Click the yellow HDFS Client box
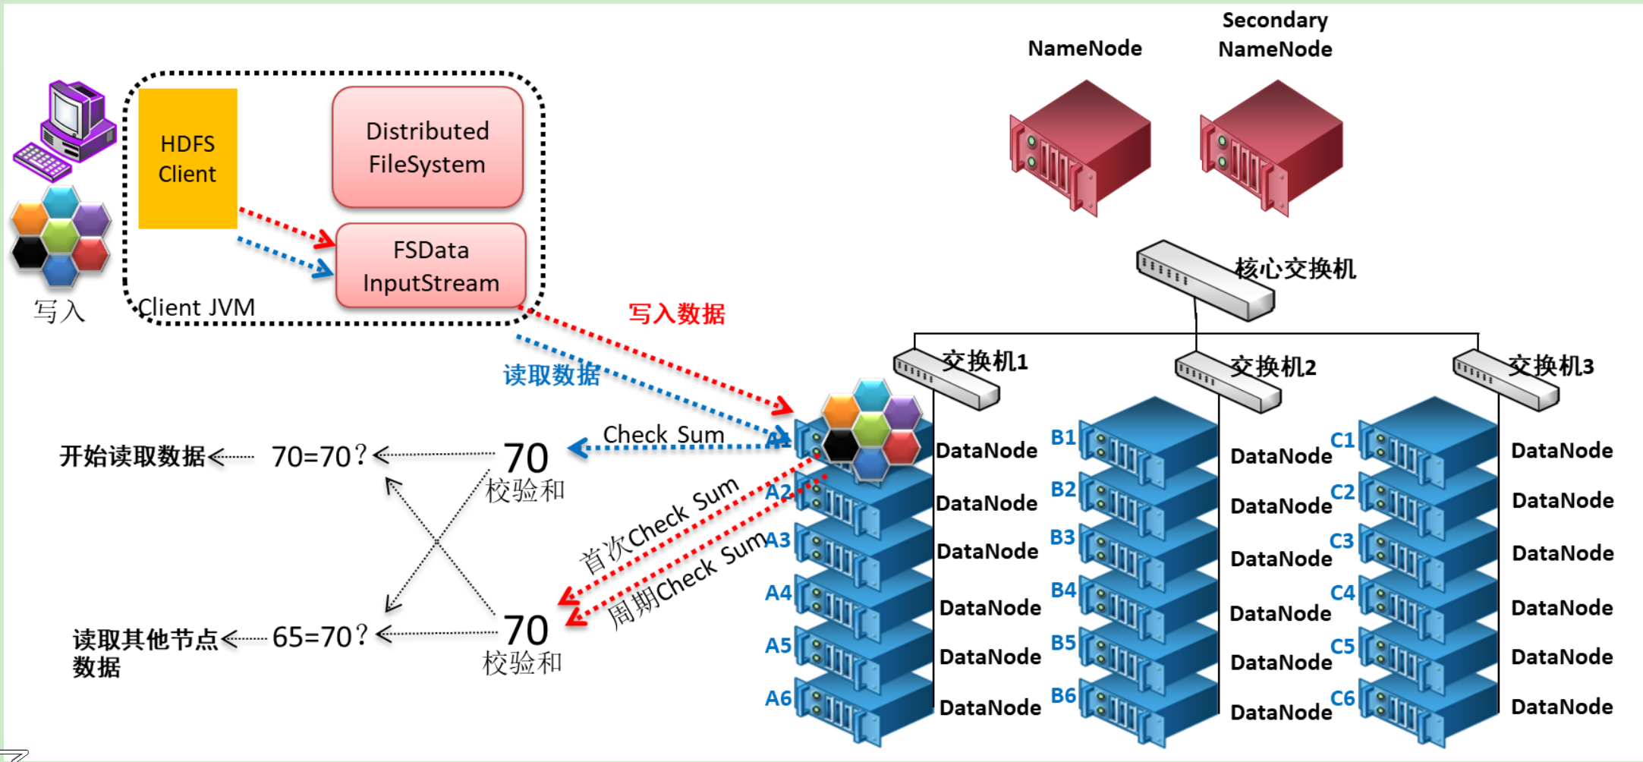click(187, 159)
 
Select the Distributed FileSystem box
click(427, 147)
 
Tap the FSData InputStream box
click(430, 266)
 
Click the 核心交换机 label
click(1295, 269)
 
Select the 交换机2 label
click(1273, 367)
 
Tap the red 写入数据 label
click(676, 313)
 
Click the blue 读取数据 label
click(551, 375)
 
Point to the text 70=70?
click(319, 456)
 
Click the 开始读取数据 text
click(132, 456)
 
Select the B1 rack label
click(1062, 437)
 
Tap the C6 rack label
click(1342, 698)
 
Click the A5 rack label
click(778, 646)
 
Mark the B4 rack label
click(1063, 590)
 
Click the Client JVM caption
click(196, 307)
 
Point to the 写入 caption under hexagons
click(59, 311)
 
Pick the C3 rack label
click(1342, 541)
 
